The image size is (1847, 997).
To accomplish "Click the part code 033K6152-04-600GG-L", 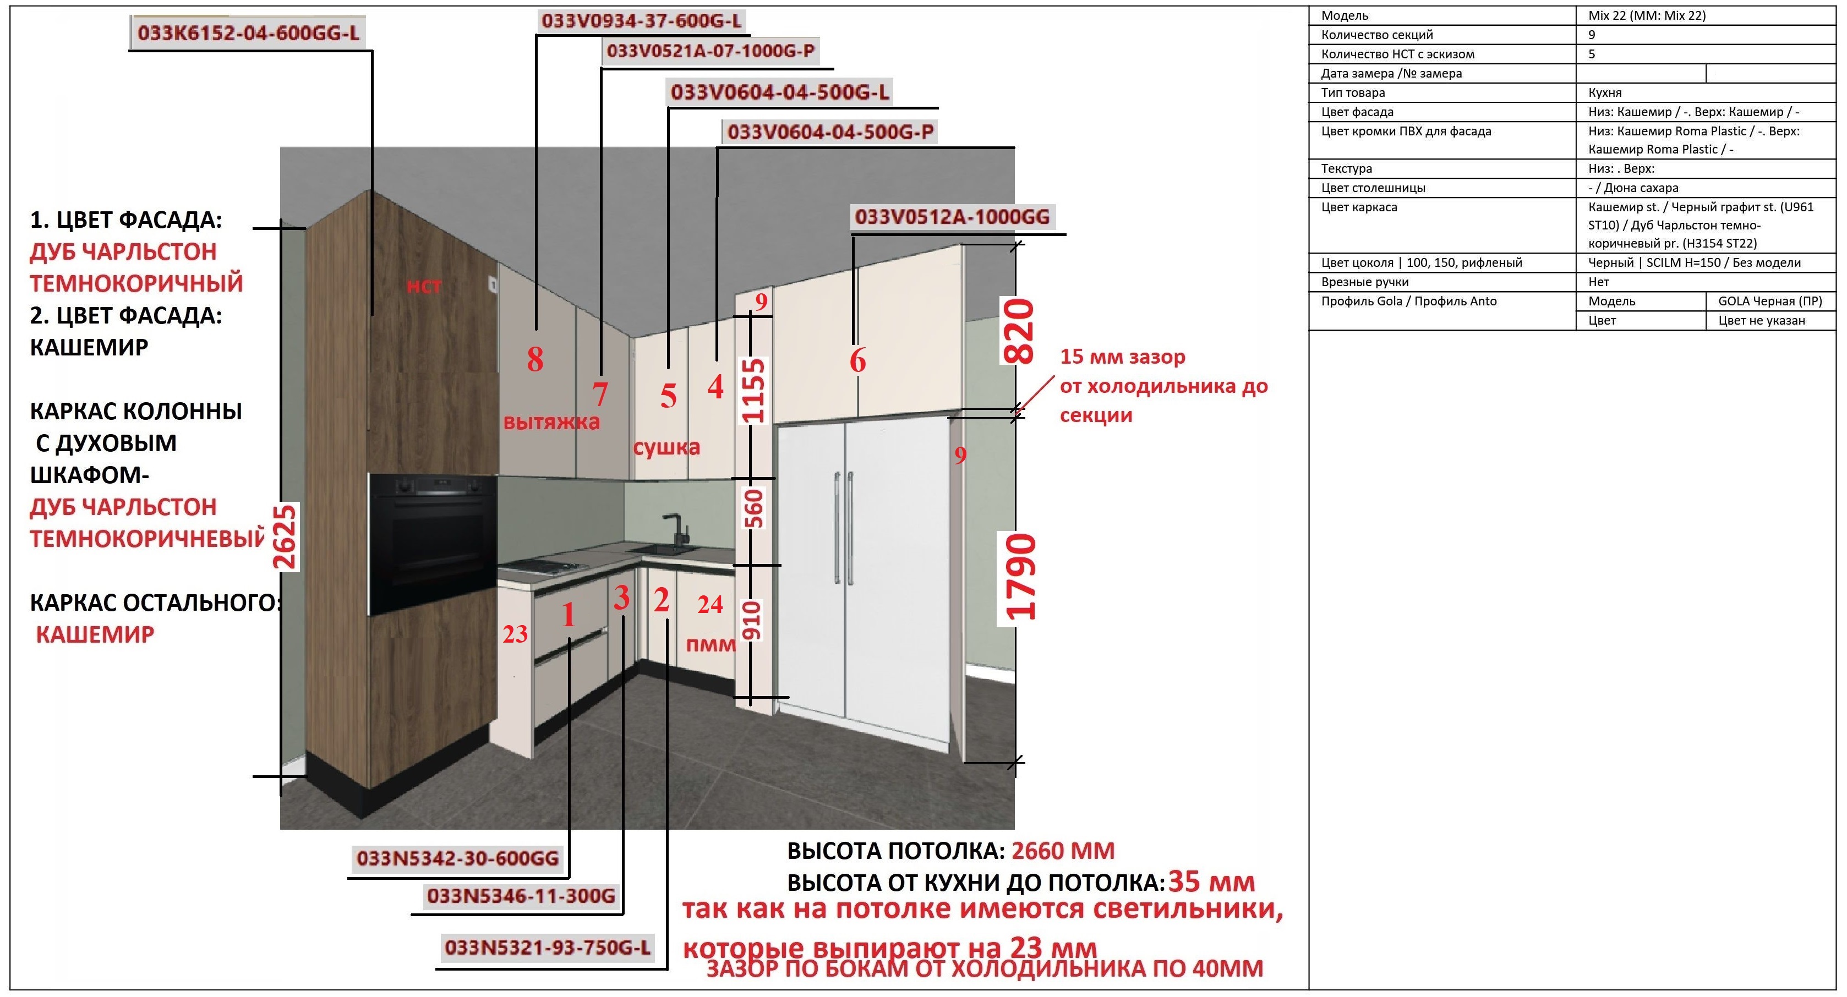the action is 248,33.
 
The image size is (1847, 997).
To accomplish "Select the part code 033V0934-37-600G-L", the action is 642,21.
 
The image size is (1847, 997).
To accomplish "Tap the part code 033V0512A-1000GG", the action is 952,216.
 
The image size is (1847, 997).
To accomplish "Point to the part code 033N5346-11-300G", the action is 521,896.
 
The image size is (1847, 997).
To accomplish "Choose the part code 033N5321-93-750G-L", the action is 548,947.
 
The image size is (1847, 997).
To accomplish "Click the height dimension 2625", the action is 286,538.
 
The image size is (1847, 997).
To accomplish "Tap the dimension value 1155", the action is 753,391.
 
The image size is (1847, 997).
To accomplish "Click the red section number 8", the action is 535,359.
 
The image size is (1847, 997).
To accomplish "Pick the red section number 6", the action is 857,360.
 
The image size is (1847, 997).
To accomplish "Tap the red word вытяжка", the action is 551,421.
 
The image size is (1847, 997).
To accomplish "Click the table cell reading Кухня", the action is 1605,92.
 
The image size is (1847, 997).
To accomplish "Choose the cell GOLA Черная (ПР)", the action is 1769,301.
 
